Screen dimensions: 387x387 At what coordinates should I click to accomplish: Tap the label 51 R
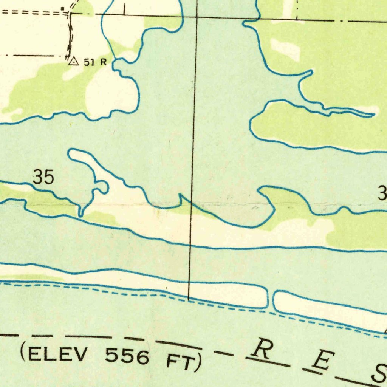(x=95, y=62)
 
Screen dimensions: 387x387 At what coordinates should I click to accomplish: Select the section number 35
(x=43, y=177)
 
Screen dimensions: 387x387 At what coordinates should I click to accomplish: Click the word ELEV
(x=60, y=354)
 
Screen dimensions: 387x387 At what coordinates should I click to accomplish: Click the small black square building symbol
(x=63, y=8)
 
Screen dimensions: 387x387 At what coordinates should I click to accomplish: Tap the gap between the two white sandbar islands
(x=270, y=299)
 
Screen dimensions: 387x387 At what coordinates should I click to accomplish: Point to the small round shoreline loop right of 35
(x=101, y=187)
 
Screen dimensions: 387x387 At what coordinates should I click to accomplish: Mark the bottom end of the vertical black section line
(x=189, y=299)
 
